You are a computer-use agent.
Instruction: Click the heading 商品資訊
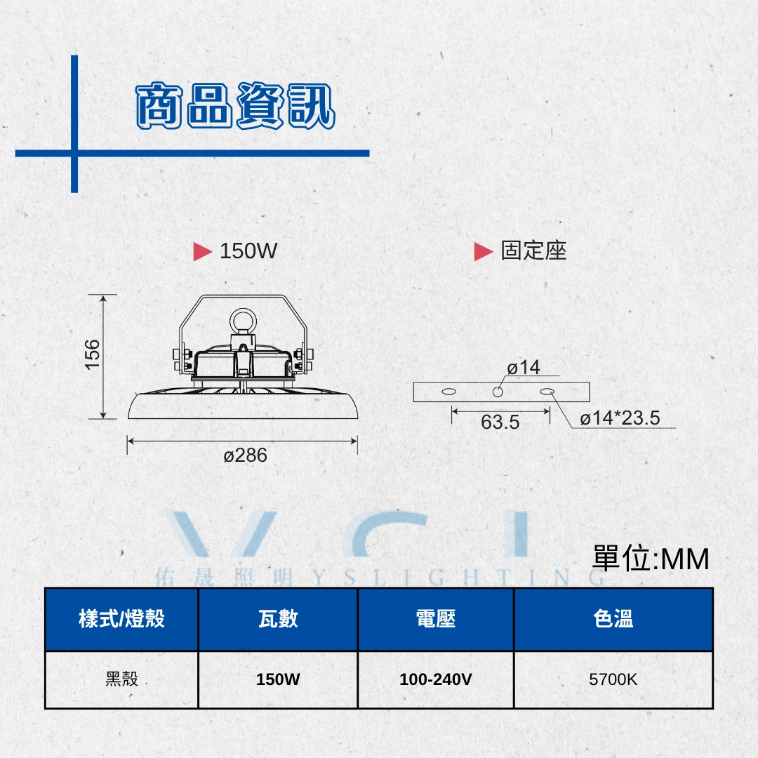click(x=235, y=105)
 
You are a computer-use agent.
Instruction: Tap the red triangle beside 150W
click(x=203, y=251)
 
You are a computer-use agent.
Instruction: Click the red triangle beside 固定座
click(x=484, y=251)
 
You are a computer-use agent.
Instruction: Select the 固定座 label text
click(x=533, y=251)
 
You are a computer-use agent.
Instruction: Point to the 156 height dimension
click(x=92, y=355)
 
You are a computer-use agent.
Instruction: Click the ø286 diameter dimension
click(x=245, y=456)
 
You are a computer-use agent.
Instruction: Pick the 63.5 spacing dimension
click(x=500, y=423)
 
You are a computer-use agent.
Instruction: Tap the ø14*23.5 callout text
click(x=620, y=418)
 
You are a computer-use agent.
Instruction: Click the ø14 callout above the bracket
click(x=523, y=368)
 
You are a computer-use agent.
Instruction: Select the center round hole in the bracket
click(x=498, y=392)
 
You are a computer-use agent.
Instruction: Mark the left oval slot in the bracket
click(x=448, y=392)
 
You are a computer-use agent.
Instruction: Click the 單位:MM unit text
click(x=651, y=559)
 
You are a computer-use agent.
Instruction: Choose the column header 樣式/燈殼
click(x=121, y=619)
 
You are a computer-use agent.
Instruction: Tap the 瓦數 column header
click(x=278, y=619)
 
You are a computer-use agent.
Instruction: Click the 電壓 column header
click(x=436, y=619)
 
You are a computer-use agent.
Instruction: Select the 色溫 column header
click(x=613, y=619)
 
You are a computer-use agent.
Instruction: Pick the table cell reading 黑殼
click(x=121, y=679)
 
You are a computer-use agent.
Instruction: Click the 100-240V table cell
click(x=436, y=679)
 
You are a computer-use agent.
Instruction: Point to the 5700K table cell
click(x=613, y=679)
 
